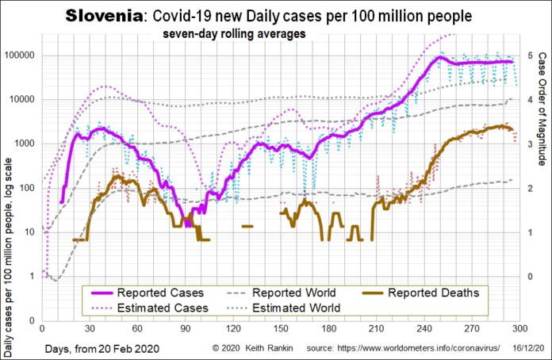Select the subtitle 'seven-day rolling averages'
[236, 34]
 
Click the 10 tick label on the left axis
[31, 232]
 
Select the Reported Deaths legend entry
[433, 293]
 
